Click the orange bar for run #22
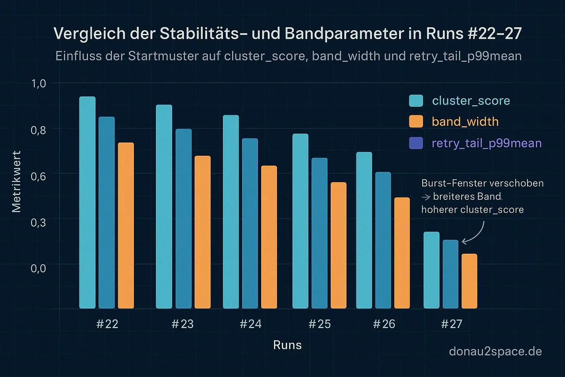click(x=126, y=225)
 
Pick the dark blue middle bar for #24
click(x=250, y=223)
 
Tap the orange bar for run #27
click(x=469, y=281)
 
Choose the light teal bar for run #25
click(x=300, y=221)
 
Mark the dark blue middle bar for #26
click(x=383, y=240)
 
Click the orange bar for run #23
click(x=202, y=232)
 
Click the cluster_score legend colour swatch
click(x=416, y=101)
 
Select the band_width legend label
click(x=465, y=121)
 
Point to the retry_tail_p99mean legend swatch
click(x=416, y=143)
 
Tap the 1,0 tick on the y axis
click(x=39, y=84)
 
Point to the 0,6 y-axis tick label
click(x=38, y=176)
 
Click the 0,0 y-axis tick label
click(x=38, y=268)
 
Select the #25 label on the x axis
click(x=319, y=324)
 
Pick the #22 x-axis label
click(x=107, y=324)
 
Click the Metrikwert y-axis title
click(x=17, y=182)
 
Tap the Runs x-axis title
click(x=287, y=345)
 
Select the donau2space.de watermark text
click(x=495, y=351)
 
